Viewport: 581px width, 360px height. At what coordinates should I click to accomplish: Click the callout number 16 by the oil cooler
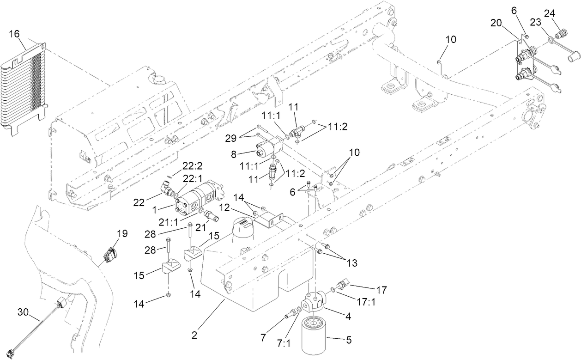(x=14, y=34)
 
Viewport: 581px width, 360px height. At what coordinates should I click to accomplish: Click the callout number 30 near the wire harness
(x=23, y=313)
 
